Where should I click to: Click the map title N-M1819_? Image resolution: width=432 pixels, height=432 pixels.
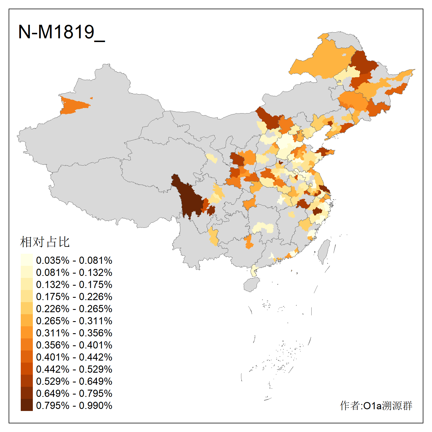(x=61, y=32)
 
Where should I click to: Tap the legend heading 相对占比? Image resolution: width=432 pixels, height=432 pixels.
(x=45, y=242)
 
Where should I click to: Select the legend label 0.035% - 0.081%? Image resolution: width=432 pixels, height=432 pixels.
(x=74, y=260)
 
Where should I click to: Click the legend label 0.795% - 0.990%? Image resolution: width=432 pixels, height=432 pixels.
(x=74, y=406)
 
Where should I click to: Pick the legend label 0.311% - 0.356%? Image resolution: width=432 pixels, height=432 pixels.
(x=74, y=333)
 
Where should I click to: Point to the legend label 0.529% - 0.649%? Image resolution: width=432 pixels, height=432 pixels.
(x=74, y=381)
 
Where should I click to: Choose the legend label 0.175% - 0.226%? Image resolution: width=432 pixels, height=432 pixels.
(x=74, y=297)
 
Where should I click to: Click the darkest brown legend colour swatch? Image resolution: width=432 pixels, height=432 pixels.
(x=26, y=405)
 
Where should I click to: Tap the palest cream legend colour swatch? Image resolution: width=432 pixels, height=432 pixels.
(x=26, y=260)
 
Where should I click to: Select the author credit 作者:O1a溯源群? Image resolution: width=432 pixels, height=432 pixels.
(x=376, y=406)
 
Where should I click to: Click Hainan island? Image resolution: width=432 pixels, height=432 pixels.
(x=251, y=285)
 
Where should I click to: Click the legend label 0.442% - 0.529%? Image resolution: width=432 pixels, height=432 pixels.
(x=74, y=369)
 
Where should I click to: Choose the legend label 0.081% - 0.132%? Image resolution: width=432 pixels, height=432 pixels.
(x=74, y=272)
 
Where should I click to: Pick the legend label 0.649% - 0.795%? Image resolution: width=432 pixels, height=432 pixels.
(x=74, y=393)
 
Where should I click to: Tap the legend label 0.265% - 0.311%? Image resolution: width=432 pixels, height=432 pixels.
(x=74, y=321)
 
